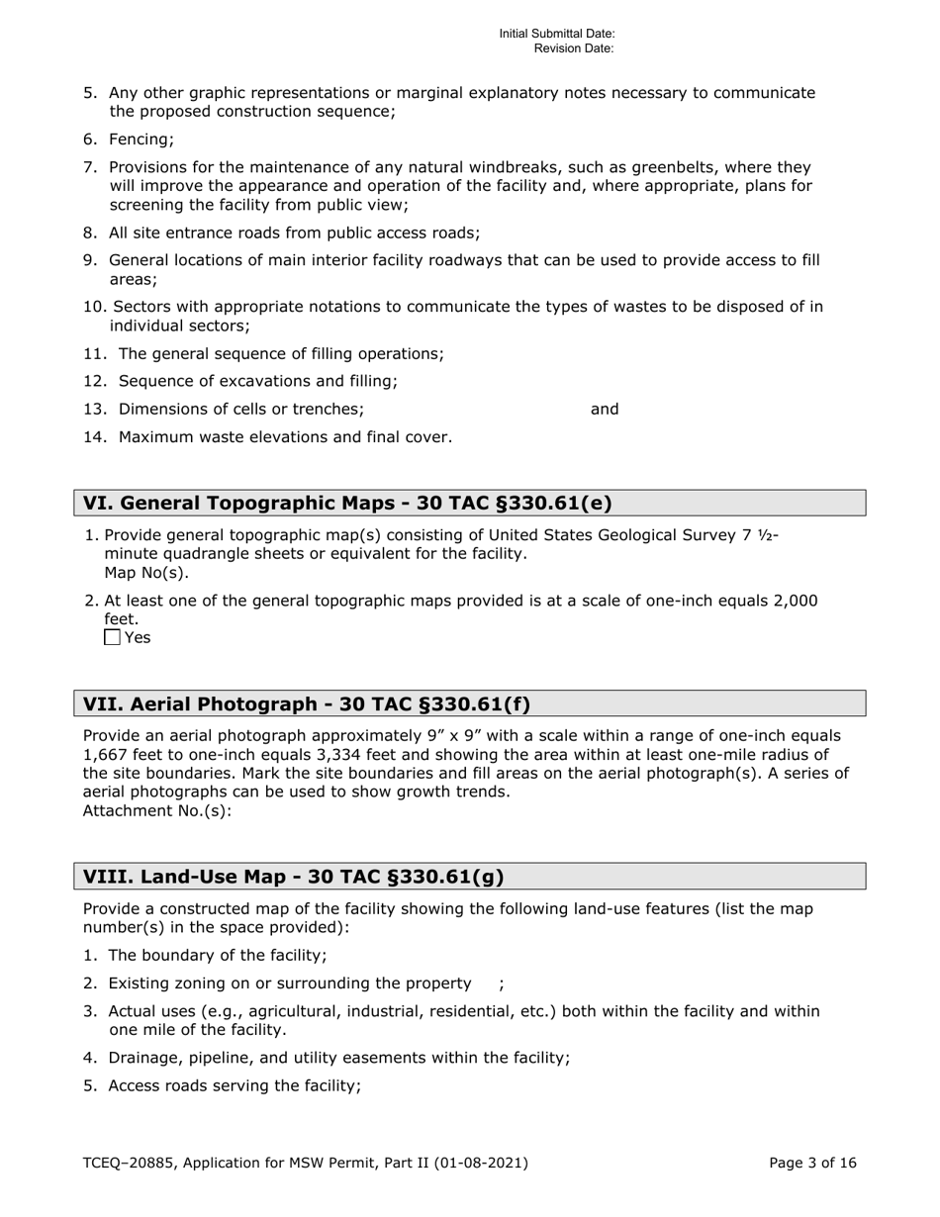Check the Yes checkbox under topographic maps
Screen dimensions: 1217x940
tap(112, 637)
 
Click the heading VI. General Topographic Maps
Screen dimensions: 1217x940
tap(347, 503)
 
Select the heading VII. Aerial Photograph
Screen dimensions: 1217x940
tap(307, 703)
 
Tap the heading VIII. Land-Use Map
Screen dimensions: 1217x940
tap(293, 876)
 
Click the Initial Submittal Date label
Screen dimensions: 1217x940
tap(556, 34)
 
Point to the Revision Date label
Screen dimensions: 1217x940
tap(574, 47)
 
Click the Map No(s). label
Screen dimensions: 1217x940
tap(146, 572)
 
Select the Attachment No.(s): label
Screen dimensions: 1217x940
tap(157, 810)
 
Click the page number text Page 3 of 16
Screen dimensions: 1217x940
tap(812, 1163)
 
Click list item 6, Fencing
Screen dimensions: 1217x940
tap(141, 140)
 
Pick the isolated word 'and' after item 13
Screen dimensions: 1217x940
tap(605, 409)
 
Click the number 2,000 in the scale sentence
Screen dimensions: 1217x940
tap(787, 601)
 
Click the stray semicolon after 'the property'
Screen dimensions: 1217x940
tap(501, 983)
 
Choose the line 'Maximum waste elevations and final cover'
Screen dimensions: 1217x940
tap(284, 436)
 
